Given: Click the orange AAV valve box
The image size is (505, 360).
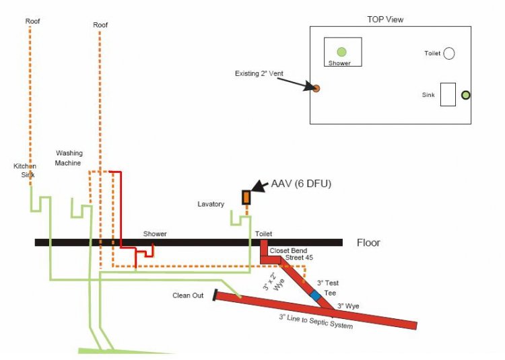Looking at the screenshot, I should pos(246,197).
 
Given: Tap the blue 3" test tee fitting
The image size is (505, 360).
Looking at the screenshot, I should pos(315,295).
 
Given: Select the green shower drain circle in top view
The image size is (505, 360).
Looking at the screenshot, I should pos(341,52).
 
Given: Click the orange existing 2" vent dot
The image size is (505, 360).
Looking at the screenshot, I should pos(315,87).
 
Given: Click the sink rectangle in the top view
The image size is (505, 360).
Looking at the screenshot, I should pos(448,94).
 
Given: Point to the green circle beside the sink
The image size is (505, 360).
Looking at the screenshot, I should pos(465,95).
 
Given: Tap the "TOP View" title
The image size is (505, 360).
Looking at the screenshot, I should pos(386,20).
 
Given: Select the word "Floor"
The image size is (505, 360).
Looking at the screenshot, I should pos(368,243).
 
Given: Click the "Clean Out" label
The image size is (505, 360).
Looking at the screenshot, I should pos(188,295).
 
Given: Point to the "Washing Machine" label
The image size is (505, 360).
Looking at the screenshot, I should pos(69,158).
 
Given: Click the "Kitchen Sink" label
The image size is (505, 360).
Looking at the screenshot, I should pos(25,170).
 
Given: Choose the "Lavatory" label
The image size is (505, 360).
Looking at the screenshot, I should pos(211,204).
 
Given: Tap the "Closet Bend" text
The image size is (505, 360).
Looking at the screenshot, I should pos(289,250).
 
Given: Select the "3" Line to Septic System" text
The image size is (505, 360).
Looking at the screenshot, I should pos(316,321).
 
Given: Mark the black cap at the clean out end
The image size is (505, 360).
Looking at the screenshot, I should pos(215,294).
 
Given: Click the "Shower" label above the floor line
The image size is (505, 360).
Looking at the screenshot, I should pos(155,234).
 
